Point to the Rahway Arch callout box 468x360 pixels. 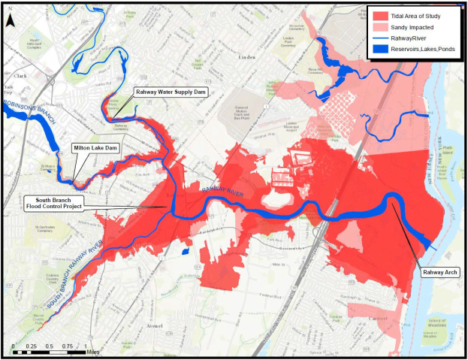click(x=438, y=271)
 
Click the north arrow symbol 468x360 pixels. click(x=9, y=21)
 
